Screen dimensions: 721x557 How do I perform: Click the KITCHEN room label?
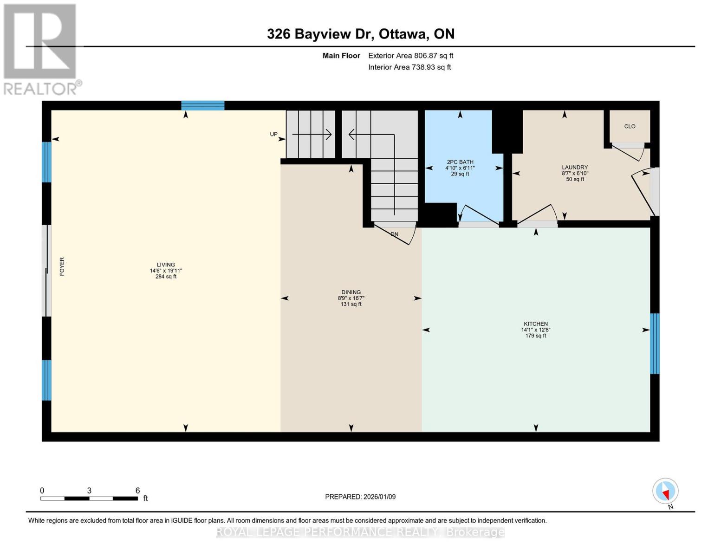(535, 324)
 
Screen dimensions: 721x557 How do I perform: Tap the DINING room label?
(351, 292)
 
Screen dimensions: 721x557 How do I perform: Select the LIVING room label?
(166, 265)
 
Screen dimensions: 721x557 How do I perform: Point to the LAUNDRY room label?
(575, 167)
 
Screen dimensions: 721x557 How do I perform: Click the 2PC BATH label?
(460, 162)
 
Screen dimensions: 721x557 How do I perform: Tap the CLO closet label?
(630, 126)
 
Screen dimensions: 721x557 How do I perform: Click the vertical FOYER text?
(62, 266)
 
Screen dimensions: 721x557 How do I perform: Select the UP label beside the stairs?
(273, 134)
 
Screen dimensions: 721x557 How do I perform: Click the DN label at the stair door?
(394, 234)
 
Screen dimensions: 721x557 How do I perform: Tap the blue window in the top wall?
(203, 105)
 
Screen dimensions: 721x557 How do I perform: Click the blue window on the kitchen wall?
(654, 343)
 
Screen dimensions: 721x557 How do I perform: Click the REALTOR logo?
(41, 50)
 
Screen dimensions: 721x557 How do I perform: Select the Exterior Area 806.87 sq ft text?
(410, 55)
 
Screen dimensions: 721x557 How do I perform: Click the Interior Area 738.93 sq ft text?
(409, 67)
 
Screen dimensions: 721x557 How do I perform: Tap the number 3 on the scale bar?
(89, 490)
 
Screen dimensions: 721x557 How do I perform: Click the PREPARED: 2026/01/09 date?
(360, 497)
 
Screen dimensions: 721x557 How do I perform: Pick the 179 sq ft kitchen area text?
(535, 336)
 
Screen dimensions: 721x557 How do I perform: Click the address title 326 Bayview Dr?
(320, 34)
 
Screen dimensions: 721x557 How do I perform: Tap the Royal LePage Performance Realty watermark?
(360, 532)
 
